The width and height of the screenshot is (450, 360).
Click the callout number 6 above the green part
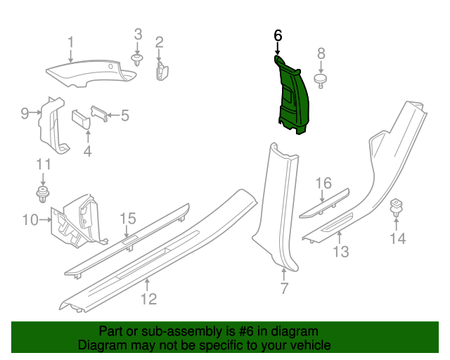point(278,34)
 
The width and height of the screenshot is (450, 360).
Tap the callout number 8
point(321,53)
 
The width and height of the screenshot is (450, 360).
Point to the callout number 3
point(139,34)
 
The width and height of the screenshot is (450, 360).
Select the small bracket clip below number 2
point(162,70)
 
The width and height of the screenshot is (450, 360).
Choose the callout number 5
point(125,115)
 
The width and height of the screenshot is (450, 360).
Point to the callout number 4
point(88,150)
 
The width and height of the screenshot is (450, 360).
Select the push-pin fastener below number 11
point(44,193)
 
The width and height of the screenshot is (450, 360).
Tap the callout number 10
point(29,221)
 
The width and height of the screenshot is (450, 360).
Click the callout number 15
point(127,219)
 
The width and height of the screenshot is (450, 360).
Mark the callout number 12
point(148,300)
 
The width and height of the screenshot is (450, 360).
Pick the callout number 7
point(284,288)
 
